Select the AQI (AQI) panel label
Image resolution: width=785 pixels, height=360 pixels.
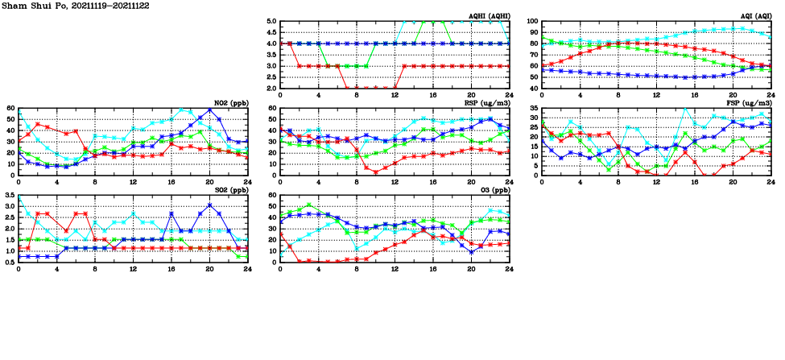tap(755, 16)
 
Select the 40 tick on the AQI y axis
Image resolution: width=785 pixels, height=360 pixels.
tap(533, 88)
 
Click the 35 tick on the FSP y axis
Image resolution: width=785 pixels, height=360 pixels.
tap(533, 109)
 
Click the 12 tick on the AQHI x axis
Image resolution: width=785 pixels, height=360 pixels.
tap(395, 94)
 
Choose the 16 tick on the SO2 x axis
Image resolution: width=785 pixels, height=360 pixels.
tap(171, 268)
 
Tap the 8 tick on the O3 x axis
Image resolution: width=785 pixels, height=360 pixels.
tap(357, 268)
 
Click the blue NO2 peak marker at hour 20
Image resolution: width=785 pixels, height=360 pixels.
tap(209, 110)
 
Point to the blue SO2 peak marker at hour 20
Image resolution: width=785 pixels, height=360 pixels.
tap(209, 205)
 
